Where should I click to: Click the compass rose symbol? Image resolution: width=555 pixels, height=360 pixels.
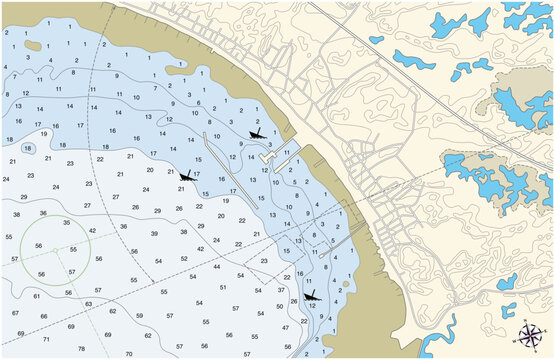click(x=532, y=334)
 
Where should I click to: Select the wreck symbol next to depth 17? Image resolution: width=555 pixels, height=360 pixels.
click(x=185, y=176)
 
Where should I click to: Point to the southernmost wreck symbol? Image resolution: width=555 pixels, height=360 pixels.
click(x=311, y=295)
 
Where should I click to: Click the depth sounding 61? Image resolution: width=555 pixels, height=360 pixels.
click(x=37, y=296)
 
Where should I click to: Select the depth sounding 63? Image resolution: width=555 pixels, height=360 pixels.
click(x=88, y=303)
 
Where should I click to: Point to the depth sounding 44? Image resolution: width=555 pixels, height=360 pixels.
click(x=217, y=267)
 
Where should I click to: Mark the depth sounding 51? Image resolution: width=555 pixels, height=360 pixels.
click(x=223, y=287)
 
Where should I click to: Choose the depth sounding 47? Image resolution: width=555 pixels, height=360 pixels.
click(x=286, y=327)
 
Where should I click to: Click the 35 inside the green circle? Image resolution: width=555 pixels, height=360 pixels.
click(x=66, y=223)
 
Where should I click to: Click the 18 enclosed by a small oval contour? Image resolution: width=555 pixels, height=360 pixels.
click(x=29, y=147)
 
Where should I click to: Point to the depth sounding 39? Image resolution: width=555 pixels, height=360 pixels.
click(x=155, y=232)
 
